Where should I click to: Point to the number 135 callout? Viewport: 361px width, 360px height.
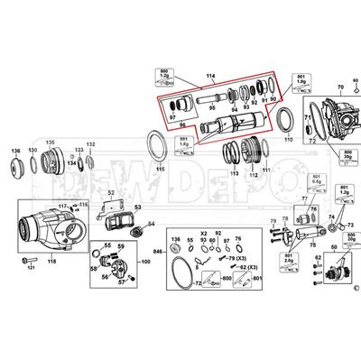pos(51,143)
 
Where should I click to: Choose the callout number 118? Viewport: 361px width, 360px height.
pos(52,263)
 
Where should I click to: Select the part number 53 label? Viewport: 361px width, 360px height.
pos(138,208)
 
